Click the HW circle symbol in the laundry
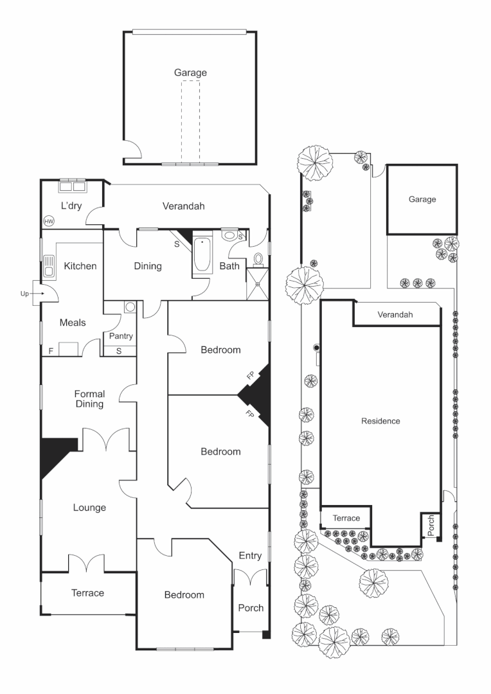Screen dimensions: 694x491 point(49,221)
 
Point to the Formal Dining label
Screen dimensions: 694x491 point(89,398)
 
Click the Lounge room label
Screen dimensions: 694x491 point(89,508)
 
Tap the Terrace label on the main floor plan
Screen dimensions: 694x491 point(87,592)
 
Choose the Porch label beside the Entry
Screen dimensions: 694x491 point(251,608)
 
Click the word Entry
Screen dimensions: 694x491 point(250,555)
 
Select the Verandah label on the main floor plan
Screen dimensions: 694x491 point(183,206)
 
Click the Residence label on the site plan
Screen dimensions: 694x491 point(380,422)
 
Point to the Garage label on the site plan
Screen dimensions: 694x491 point(422,199)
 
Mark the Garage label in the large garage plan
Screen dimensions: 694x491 point(190,73)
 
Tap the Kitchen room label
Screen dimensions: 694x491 point(80,265)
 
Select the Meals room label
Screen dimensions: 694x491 point(73,323)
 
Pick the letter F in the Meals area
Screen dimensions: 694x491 point(51,351)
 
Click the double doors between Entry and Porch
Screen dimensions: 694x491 point(249,576)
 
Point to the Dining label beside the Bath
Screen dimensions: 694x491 point(147,266)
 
